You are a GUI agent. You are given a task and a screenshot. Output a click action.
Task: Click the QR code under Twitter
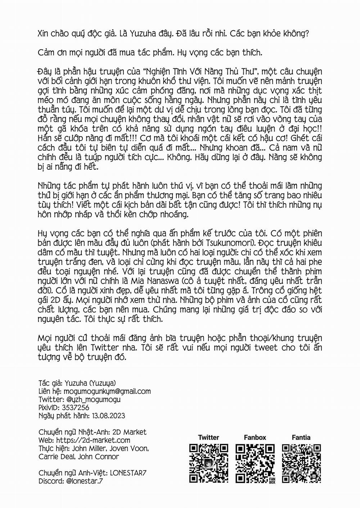click(209, 463)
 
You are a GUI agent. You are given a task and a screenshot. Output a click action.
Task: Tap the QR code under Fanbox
click(255, 463)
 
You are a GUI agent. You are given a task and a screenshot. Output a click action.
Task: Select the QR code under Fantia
click(301, 463)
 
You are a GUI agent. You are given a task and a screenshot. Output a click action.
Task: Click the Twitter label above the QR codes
click(208, 437)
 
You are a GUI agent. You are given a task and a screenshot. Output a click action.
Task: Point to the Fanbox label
click(255, 437)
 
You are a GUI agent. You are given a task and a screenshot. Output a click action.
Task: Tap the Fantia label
click(301, 437)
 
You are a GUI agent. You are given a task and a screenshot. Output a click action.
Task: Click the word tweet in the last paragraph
click(259, 348)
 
